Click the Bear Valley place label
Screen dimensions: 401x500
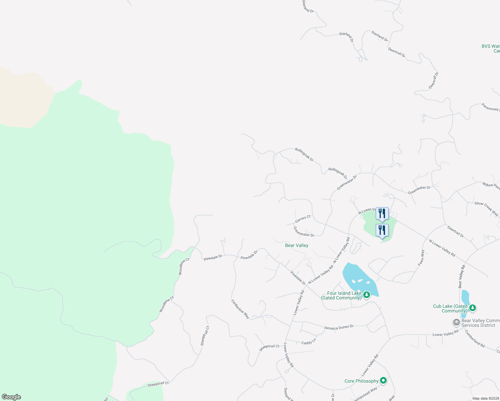(296, 245)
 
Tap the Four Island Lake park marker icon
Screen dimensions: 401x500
(367, 295)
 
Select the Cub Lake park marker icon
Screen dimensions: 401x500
(472, 308)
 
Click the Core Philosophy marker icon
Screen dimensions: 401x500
(383, 380)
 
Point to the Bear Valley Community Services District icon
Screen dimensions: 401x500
(456, 322)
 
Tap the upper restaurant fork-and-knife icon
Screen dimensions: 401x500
(382, 214)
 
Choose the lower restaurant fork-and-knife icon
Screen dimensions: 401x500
(382, 230)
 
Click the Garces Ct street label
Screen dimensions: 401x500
(303, 219)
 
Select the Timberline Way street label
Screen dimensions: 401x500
(240, 309)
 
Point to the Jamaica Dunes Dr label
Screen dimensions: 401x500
(339, 327)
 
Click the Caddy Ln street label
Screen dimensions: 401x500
(308, 342)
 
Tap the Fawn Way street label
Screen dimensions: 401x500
(421, 258)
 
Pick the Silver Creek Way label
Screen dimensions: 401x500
(486, 208)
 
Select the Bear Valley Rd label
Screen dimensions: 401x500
(461, 276)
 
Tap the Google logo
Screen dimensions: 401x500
(11, 397)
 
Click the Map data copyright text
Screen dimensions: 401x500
(486, 398)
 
